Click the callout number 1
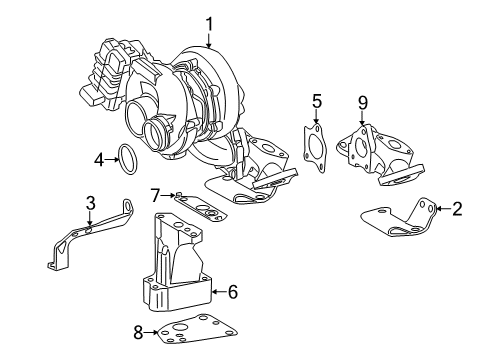209,22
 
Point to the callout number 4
99,158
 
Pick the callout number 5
317,101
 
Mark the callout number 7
156,193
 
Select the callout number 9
362,101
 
